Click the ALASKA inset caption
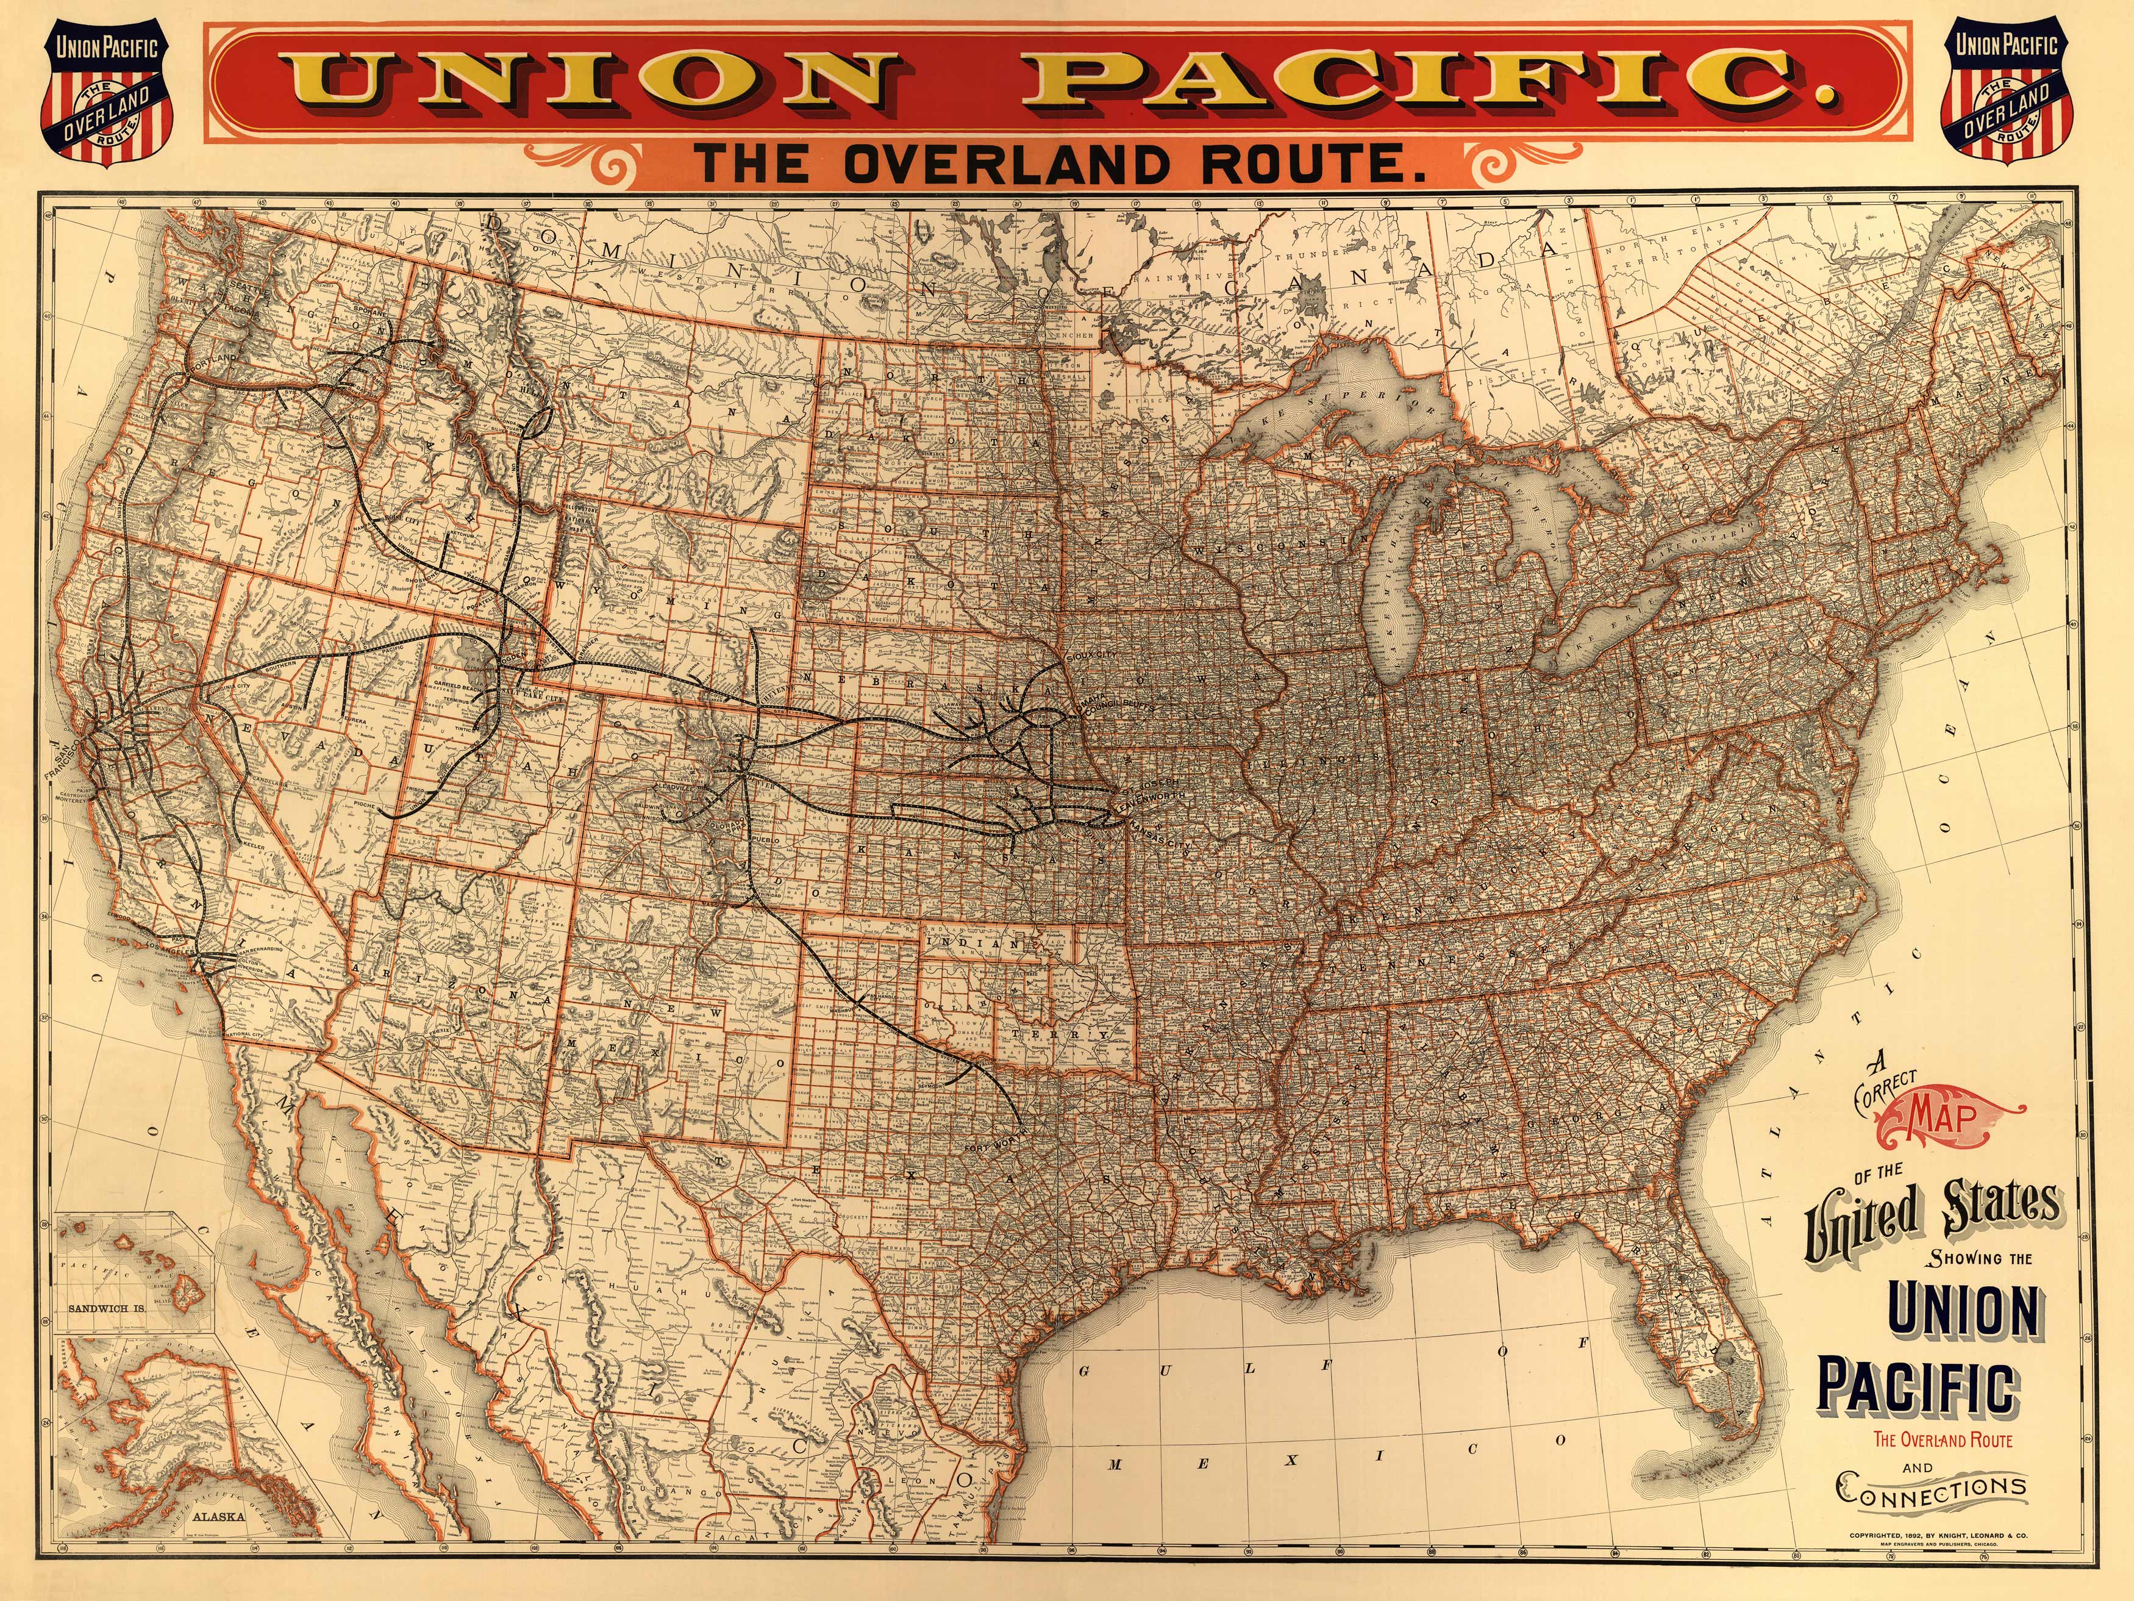coord(218,1515)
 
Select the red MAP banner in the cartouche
coord(1944,1117)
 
